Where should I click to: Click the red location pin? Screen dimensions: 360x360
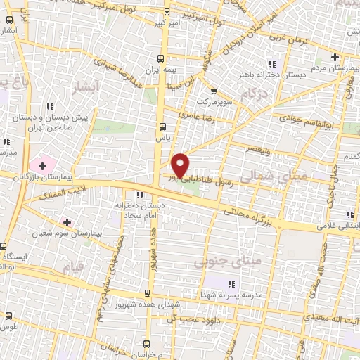(x=181, y=165)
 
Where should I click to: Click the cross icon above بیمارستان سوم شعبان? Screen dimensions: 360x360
(x=67, y=223)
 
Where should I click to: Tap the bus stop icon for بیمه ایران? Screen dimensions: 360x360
(x=162, y=58)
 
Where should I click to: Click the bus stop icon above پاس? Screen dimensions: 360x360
(x=162, y=127)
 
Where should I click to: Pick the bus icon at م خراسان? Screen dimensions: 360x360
(x=146, y=344)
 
